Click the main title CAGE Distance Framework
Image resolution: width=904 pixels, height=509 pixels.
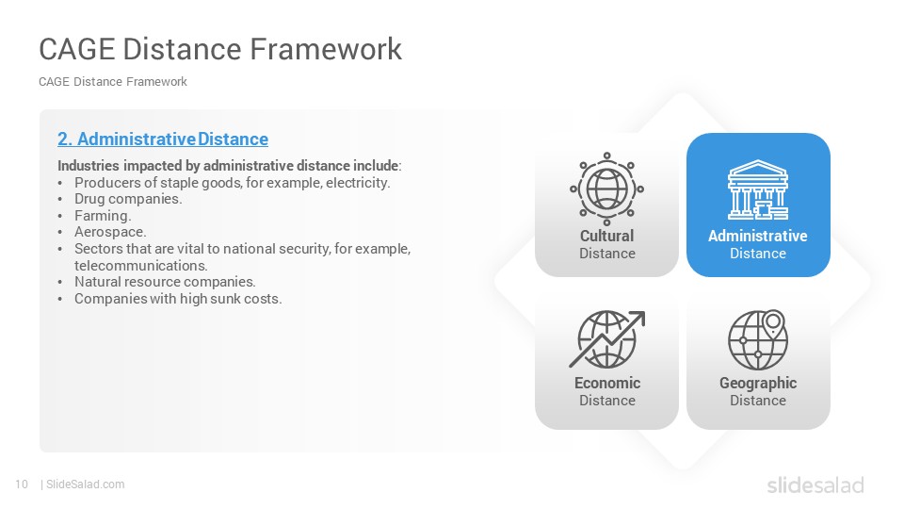click(220, 49)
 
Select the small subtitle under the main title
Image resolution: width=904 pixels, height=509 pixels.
click(113, 82)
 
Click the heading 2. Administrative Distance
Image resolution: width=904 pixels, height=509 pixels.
click(163, 140)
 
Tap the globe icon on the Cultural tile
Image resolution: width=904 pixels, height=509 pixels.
click(606, 189)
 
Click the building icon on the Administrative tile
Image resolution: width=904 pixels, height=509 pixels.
click(757, 189)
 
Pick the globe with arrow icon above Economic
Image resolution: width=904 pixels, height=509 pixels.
click(606, 339)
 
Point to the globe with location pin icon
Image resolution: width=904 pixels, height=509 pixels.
click(757, 340)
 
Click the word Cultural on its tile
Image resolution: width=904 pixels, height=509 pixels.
click(606, 236)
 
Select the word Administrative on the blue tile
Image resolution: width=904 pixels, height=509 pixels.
click(757, 236)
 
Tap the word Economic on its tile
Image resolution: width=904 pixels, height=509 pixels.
click(607, 383)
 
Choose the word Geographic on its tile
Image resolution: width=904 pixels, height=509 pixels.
click(757, 384)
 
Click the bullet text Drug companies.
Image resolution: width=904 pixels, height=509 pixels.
click(128, 199)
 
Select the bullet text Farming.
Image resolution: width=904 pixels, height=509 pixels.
click(103, 216)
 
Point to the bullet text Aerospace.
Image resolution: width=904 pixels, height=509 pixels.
click(110, 232)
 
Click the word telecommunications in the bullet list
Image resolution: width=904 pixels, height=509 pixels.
click(140, 266)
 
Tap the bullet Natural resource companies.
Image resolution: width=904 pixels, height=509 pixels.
click(165, 282)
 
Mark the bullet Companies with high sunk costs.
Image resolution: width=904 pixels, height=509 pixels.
click(178, 299)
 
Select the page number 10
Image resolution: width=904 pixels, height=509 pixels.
click(22, 484)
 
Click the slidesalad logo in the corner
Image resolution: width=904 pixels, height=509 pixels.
click(815, 484)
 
